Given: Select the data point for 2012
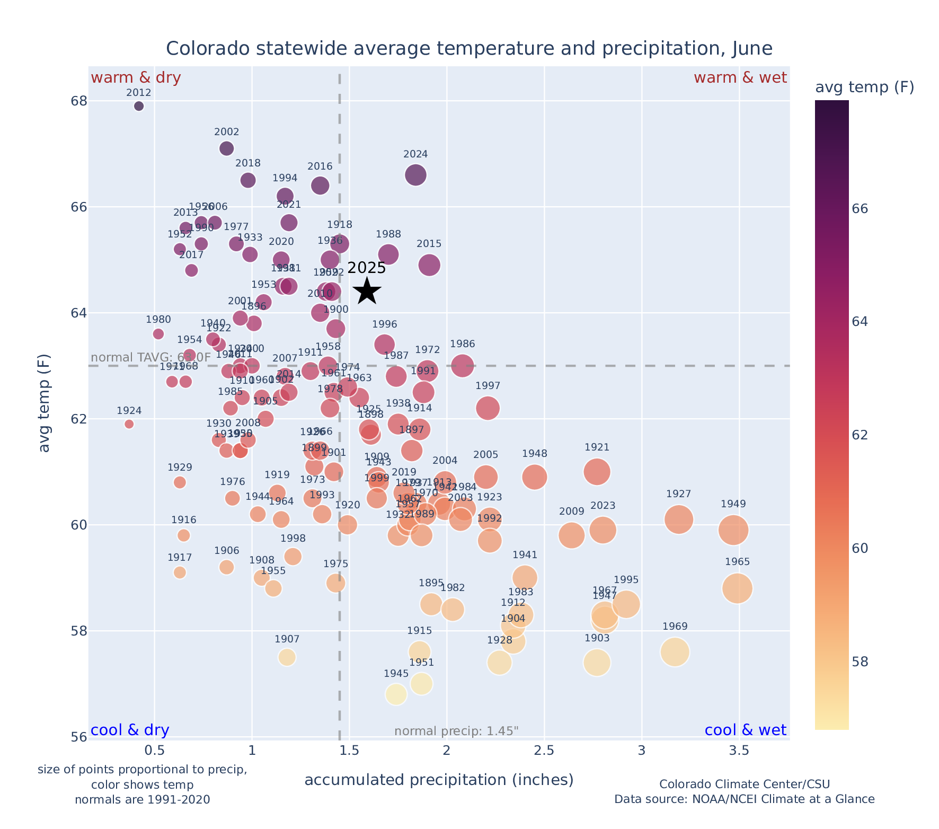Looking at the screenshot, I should (139, 106).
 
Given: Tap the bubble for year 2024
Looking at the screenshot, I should (415, 175).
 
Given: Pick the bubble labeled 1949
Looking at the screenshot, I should (733, 530).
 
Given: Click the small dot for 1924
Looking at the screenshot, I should (129, 424).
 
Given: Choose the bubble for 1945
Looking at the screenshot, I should (396, 694).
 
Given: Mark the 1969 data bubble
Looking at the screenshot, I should (675, 651).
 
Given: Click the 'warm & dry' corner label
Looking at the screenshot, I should (136, 78).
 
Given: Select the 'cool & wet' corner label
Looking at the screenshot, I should (745, 730).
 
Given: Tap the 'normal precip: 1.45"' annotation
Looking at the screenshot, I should (456, 731).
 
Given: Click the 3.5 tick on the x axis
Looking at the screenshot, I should (739, 751).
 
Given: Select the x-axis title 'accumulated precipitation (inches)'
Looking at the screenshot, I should (439, 780).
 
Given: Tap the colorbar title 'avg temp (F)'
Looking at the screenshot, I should (864, 87).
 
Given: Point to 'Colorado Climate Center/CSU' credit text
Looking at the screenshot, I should (744, 784).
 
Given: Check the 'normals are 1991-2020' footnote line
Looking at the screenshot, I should (142, 799).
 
